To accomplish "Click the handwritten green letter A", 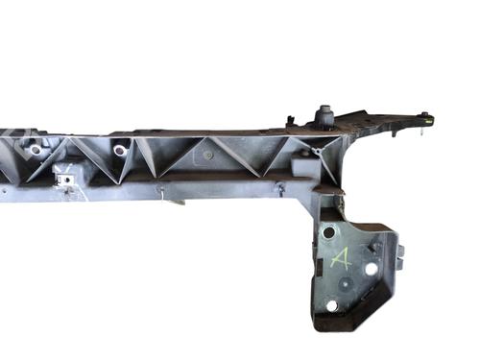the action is (x=341, y=258).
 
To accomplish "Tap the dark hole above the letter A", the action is (x=328, y=232).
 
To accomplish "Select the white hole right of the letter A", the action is (x=371, y=269).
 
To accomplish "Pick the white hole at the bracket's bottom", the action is (x=332, y=305).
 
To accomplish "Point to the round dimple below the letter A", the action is (x=346, y=282).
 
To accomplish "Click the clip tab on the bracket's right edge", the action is (x=400, y=257).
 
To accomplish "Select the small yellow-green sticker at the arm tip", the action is (x=430, y=120).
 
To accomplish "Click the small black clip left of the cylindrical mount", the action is (x=291, y=120).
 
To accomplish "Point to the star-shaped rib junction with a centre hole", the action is (x=317, y=151).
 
